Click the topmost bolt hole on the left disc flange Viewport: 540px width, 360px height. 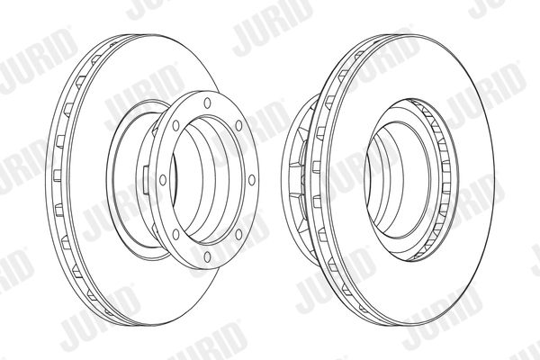click(x=207, y=103)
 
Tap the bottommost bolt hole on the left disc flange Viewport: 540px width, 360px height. click(x=207, y=256)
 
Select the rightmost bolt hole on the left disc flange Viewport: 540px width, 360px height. click(x=252, y=180)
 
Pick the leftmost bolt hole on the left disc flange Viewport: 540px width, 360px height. click(x=163, y=180)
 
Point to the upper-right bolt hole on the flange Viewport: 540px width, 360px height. click(x=238, y=125)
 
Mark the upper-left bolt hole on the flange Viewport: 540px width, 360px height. click(x=175, y=125)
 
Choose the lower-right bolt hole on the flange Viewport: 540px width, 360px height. click(x=238, y=234)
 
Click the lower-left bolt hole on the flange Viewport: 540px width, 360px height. click(x=175, y=234)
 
